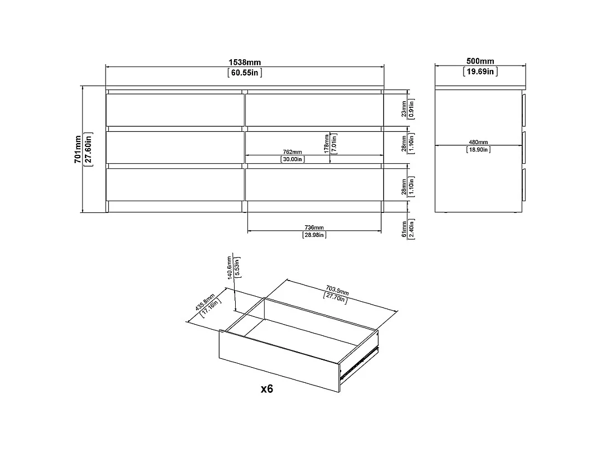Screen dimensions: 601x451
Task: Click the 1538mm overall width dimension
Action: [x=245, y=62]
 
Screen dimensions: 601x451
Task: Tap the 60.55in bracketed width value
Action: [x=245, y=73]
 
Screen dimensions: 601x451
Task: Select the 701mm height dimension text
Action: [x=78, y=149]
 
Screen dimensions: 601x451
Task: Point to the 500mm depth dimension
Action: [x=480, y=61]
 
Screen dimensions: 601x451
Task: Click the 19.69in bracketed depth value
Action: [x=480, y=72]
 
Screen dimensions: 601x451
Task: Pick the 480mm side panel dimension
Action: [x=478, y=143]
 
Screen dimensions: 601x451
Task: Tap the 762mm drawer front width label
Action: [x=292, y=152]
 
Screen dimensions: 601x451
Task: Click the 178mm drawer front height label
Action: [x=327, y=144]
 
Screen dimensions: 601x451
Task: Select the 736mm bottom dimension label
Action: [x=314, y=228]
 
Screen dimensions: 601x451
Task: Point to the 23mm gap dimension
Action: [x=404, y=109]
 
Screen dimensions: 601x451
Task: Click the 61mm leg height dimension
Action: [x=404, y=229]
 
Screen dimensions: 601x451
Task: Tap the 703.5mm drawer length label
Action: [x=337, y=290]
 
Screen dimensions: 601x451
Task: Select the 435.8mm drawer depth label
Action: [x=205, y=302]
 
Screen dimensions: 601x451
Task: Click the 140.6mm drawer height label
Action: [x=230, y=268]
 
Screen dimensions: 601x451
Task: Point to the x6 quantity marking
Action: [x=267, y=389]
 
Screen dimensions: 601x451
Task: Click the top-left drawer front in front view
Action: [x=175, y=110]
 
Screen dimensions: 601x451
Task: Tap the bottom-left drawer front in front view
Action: [x=175, y=185]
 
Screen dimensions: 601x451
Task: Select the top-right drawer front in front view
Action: [x=314, y=110]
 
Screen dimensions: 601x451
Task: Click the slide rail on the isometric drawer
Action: [x=360, y=360]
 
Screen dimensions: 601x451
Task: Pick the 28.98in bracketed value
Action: [x=314, y=235]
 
